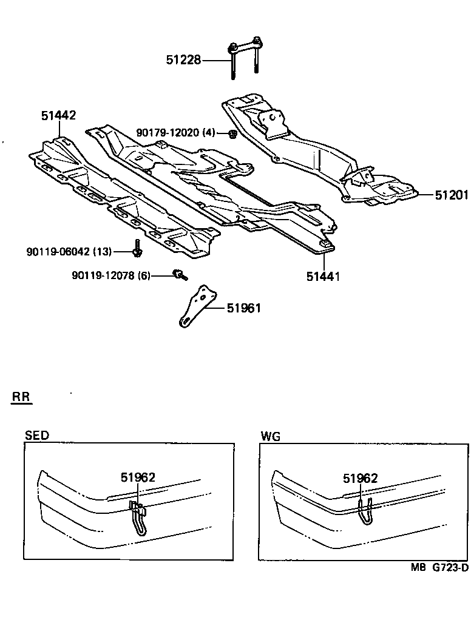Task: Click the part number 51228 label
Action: pos(184,60)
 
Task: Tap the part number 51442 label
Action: pos(58,115)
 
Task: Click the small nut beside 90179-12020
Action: pos(232,133)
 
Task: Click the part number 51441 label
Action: pos(322,276)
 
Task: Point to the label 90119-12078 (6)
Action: pos(110,275)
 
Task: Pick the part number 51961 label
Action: pos(243,308)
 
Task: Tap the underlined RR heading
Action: pos(22,398)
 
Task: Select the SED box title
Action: pos(37,436)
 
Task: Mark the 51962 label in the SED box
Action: pos(137,477)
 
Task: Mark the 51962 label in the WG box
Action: pos(360,478)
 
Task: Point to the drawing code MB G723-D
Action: pos(439,568)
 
